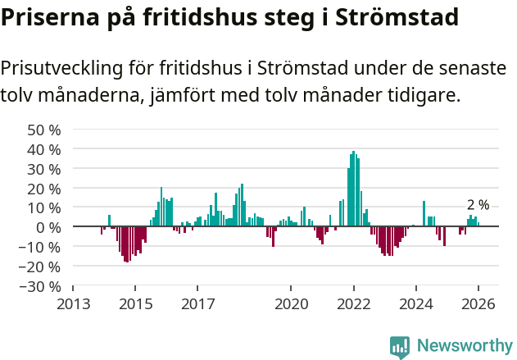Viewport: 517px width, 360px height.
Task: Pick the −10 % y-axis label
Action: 41,247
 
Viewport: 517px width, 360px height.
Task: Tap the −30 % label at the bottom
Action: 41,286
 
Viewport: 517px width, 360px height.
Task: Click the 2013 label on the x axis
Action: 73,303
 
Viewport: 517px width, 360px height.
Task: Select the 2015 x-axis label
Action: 135,303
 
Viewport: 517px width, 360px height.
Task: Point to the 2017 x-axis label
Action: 197,303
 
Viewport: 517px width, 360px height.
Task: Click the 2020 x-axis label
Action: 291,303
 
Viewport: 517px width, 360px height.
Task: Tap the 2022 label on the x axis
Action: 353,303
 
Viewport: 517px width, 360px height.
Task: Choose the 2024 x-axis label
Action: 415,303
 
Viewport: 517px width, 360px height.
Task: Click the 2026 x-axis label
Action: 478,303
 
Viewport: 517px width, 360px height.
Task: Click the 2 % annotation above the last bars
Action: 478,205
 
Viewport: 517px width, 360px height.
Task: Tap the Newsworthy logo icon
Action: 400,347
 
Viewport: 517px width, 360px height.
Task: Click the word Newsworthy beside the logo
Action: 464,347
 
